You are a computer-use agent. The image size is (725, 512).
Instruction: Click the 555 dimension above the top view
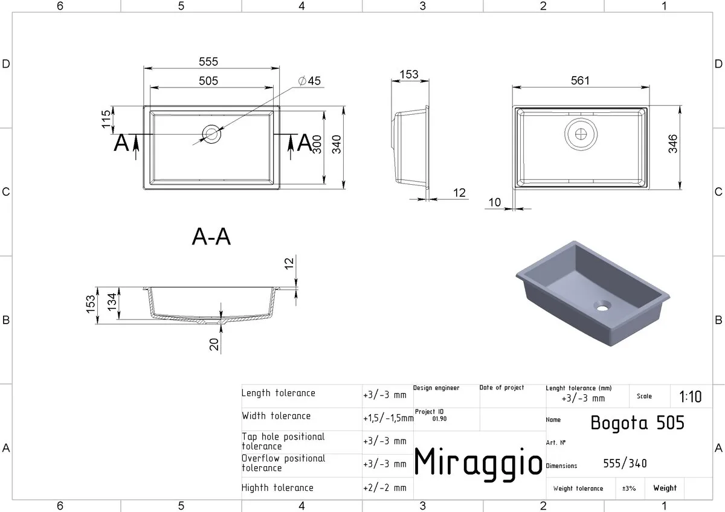coord(208,62)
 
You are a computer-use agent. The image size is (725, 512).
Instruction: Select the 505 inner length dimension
coord(208,80)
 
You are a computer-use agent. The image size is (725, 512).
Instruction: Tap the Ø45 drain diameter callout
coord(309,80)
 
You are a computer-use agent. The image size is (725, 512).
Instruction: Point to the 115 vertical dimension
coord(106,119)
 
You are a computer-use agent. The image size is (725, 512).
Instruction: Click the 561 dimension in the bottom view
coord(580,80)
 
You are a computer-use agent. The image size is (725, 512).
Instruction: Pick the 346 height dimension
coord(672,144)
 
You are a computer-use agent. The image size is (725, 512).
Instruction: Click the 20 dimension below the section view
coord(214,345)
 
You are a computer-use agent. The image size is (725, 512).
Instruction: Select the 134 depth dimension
coord(112,302)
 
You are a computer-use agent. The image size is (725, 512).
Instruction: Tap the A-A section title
coord(211,237)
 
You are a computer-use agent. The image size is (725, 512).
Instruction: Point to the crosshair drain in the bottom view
coord(581,134)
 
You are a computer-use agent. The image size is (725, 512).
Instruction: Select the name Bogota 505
coord(637,423)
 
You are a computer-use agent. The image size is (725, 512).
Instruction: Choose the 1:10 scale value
coord(691,397)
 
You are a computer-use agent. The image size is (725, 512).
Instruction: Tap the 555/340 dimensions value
coord(625,464)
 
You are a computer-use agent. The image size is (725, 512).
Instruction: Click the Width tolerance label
coord(276,415)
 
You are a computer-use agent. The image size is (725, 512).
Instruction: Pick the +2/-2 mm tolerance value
coord(385,487)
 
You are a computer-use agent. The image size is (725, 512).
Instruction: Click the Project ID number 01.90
coord(440,418)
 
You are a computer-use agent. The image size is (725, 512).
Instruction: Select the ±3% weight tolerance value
coord(629,488)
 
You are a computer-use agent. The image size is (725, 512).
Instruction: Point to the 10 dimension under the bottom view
coord(495,202)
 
